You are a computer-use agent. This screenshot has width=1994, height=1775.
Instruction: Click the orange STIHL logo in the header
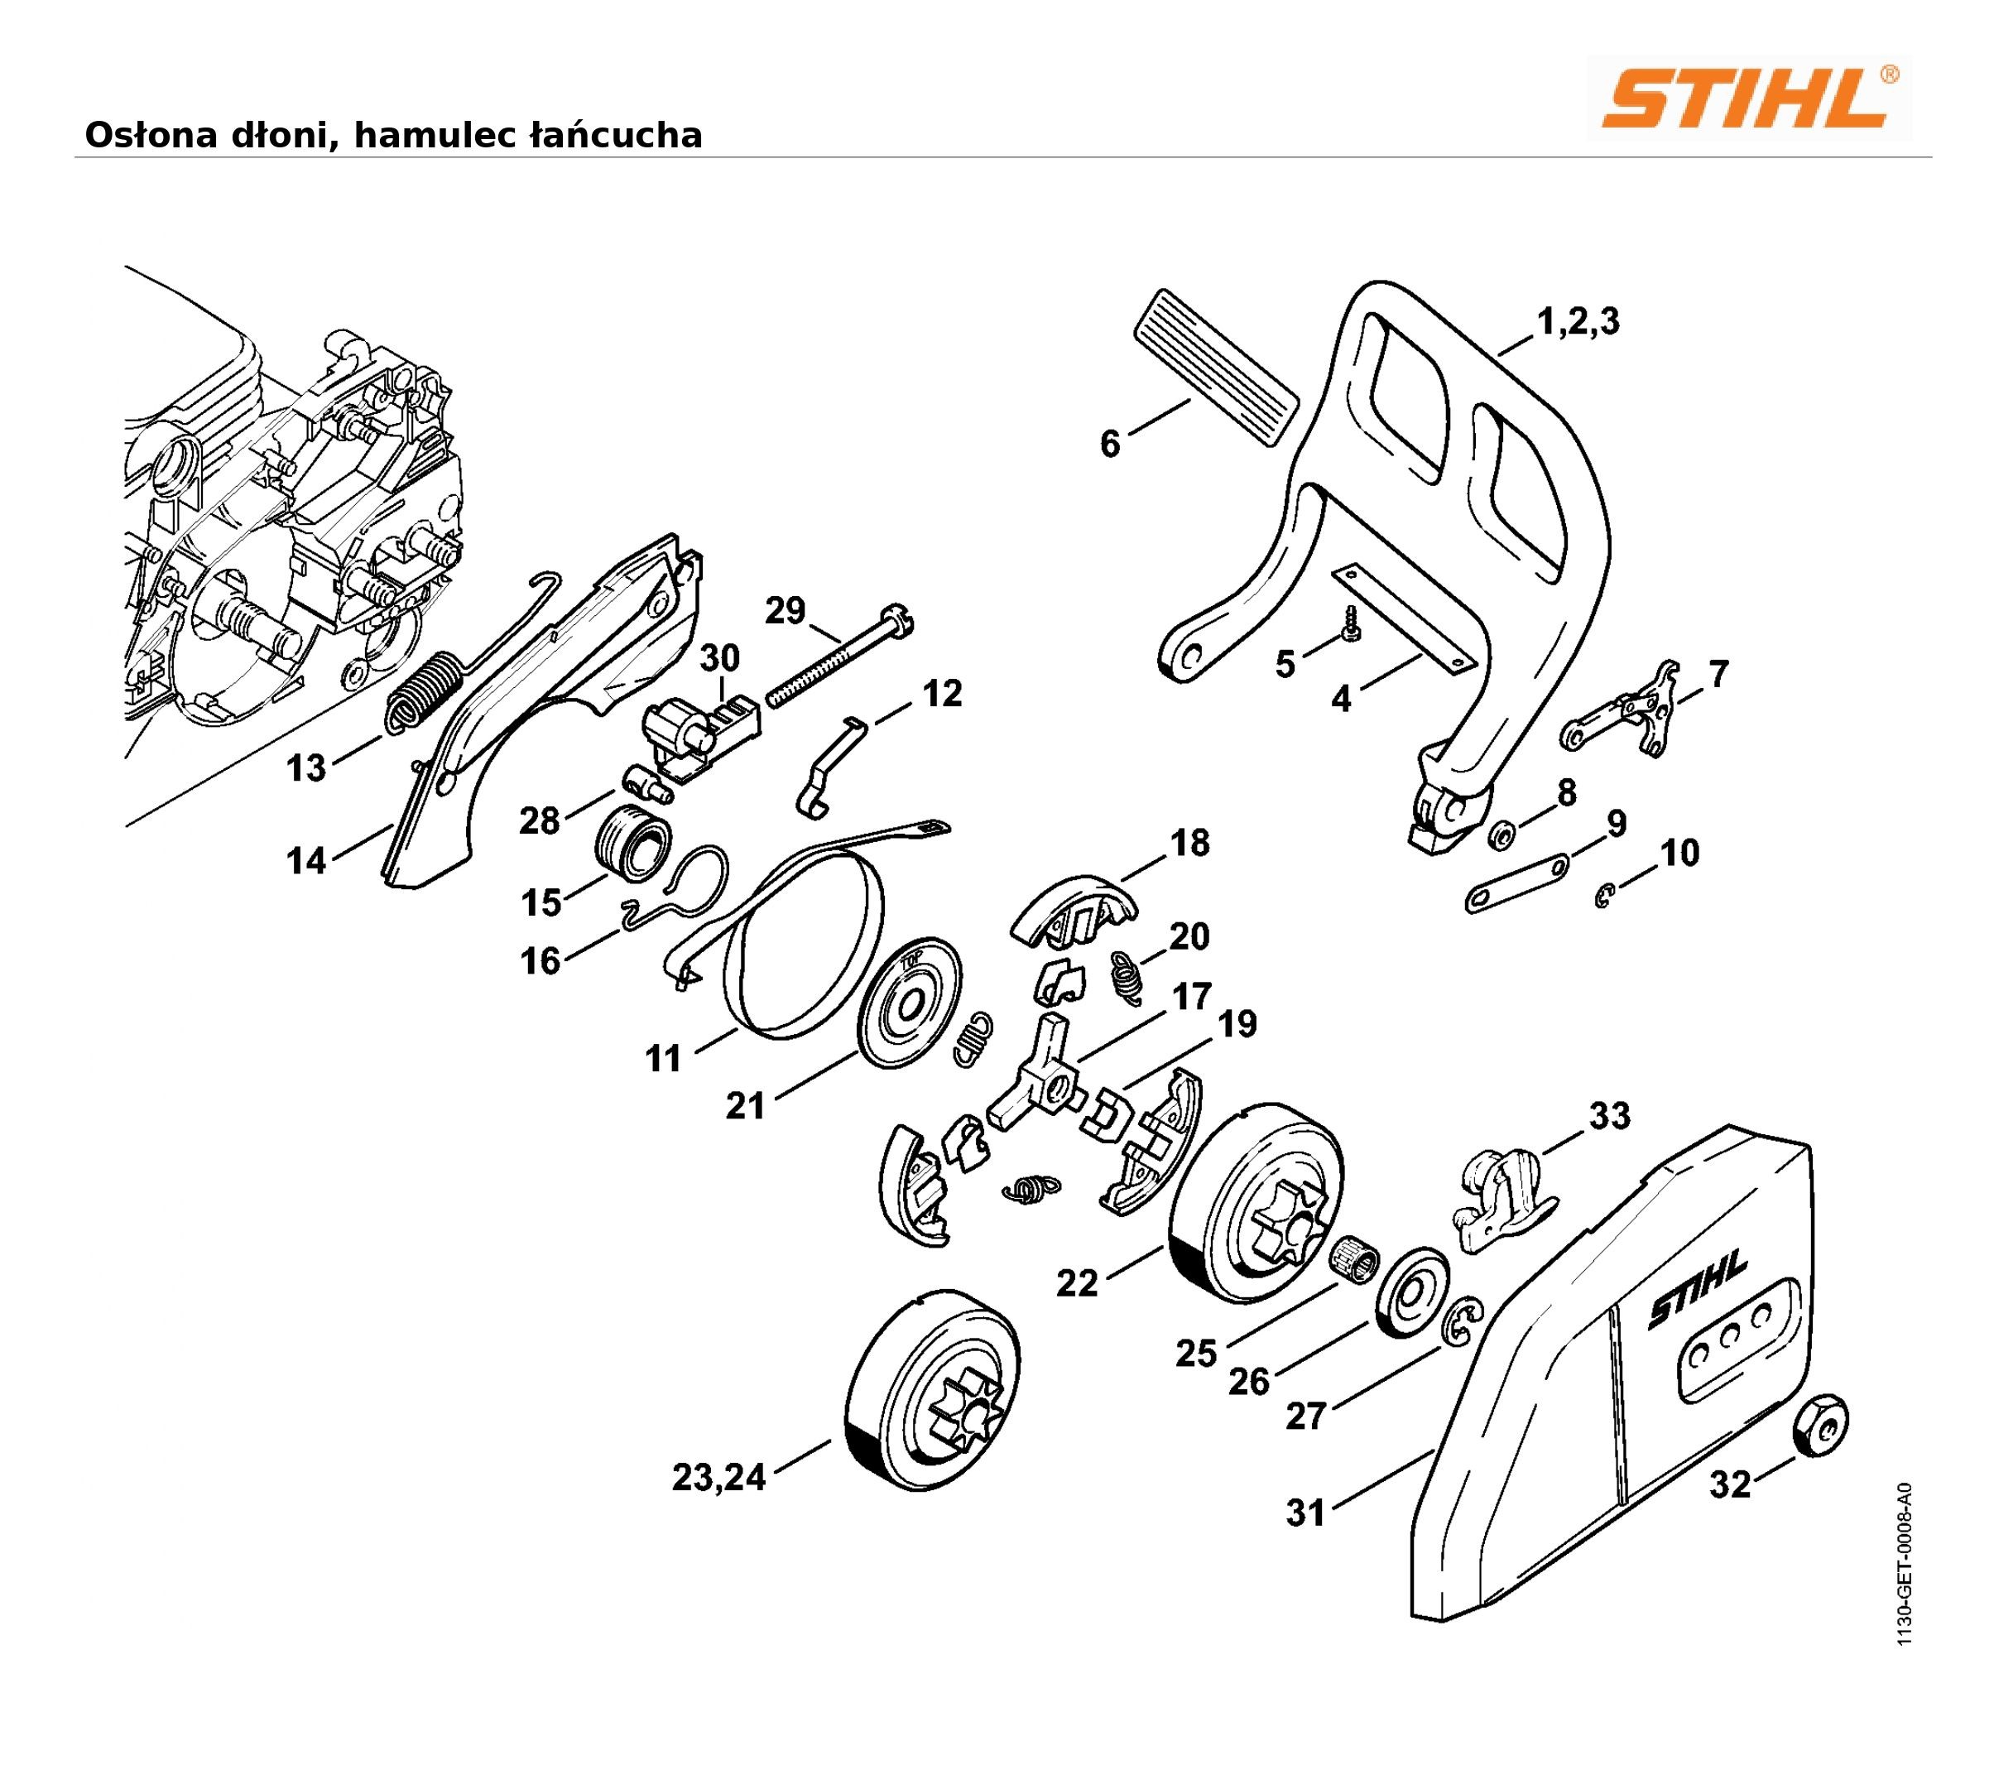(x=1748, y=99)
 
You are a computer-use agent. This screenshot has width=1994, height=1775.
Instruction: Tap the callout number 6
(x=1110, y=444)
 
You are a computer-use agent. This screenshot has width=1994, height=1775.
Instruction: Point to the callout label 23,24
(x=719, y=1479)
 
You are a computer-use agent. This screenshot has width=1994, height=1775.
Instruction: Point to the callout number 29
(x=786, y=611)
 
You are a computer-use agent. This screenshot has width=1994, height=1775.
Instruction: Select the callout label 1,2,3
(x=1578, y=321)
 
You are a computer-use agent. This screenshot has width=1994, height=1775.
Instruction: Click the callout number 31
(x=1305, y=1513)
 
